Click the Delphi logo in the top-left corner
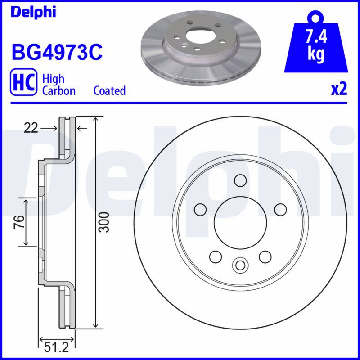click(x=33, y=12)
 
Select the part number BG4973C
click(x=57, y=53)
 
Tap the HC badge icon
click(x=23, y=82)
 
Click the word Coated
click(x=109, y=90)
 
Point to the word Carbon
click(x=59, y=91)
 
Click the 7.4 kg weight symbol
click(x=316, y=41)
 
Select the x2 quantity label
click(x=339, y=89)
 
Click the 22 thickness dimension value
click(x=31, y=128)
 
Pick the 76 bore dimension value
click(x=19, y=222)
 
